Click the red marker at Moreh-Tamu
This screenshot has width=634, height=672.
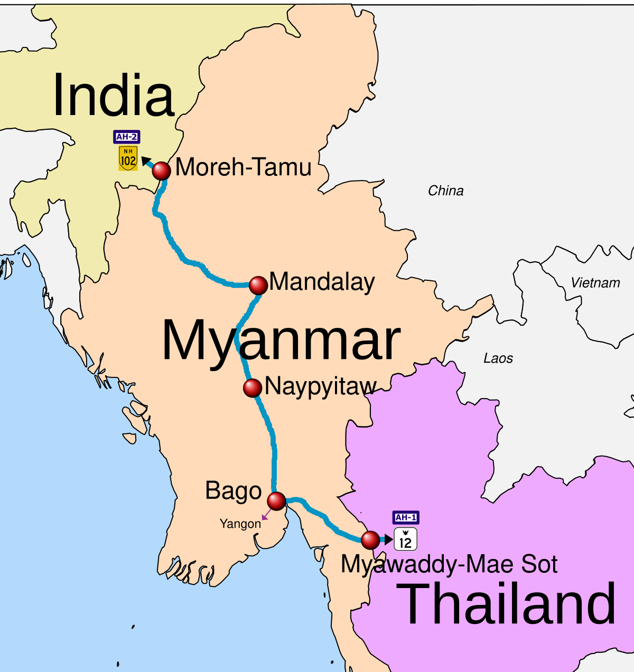pos(161,171)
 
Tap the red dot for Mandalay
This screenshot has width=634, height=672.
pos(258,286)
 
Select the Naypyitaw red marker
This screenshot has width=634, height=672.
pos(253,388)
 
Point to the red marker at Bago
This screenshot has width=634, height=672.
pos(276,500)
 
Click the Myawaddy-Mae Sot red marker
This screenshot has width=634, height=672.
pos(370,540)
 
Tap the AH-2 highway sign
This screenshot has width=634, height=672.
pos(127,137)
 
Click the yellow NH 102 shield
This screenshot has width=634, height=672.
pos(128,158)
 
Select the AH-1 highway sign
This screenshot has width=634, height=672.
pos(406,517)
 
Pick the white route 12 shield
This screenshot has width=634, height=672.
pos(405,540)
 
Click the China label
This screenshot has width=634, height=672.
pos(446,191)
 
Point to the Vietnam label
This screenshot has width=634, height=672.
pos(595,283)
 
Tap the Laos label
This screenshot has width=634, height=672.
pos(498,358)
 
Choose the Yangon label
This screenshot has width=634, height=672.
pos(240,524)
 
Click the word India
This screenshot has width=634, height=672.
pos(114,96)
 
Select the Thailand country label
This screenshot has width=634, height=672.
pos(506,603)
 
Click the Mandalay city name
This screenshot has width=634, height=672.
pos(322,282)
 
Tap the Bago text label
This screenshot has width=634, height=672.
pos(234,491)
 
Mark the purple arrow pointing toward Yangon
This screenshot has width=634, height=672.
pos(266,514)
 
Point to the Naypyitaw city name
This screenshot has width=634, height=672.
pos(321,387)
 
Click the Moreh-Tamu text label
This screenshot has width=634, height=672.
pos(244,167)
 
